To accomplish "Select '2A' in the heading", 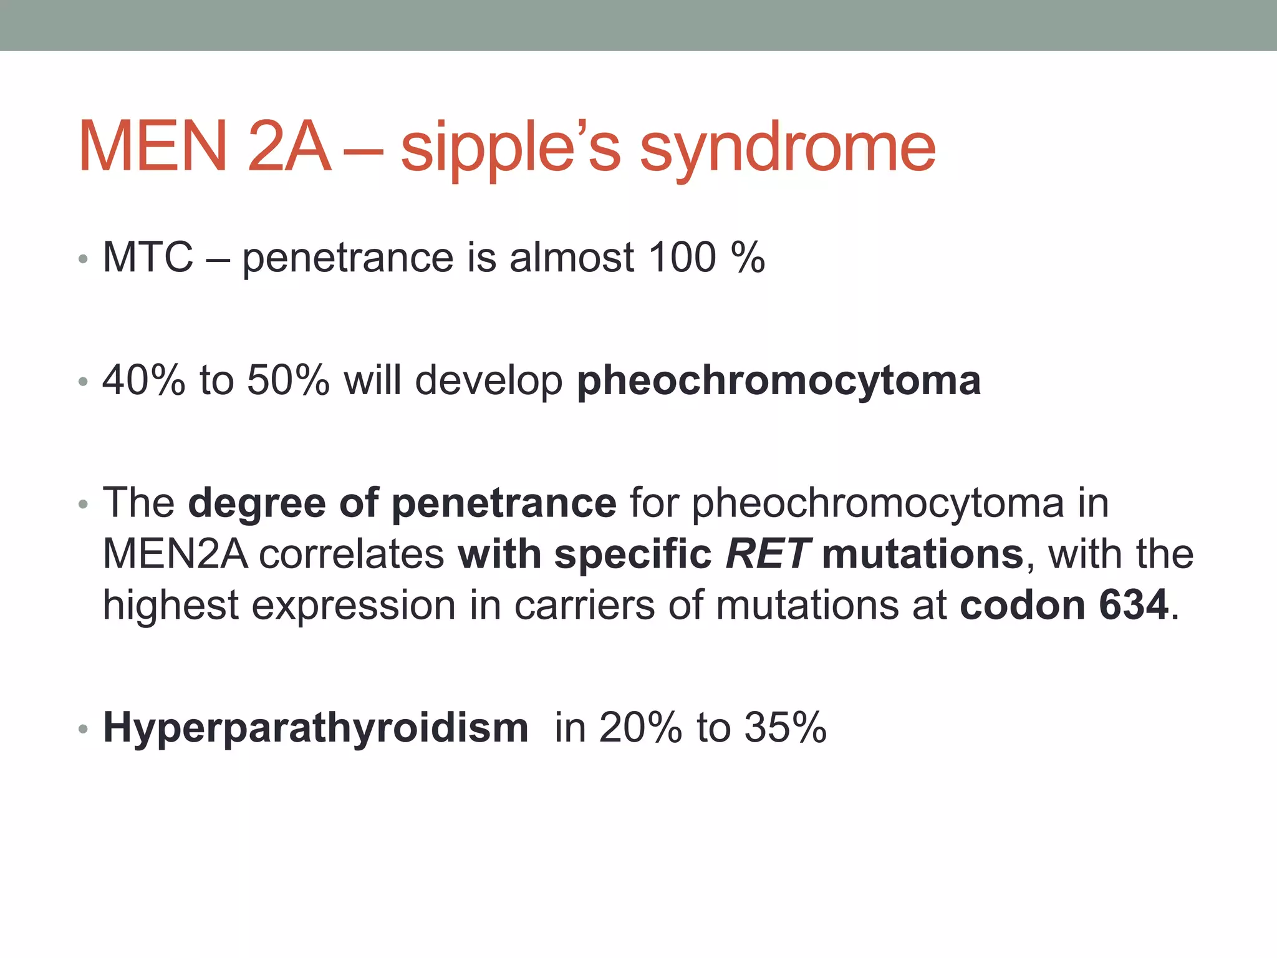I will [288, 148].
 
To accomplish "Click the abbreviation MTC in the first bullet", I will [148, 258].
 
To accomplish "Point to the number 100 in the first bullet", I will [682, 258].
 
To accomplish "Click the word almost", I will [571, 258].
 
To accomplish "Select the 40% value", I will [143, 380].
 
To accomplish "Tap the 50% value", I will [288, 380].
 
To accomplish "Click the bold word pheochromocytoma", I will [779, 380].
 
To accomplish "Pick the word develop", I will [489, 381].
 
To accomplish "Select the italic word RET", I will [768, 554].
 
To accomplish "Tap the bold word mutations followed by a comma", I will [922, 554].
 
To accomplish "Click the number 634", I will [1134, 605].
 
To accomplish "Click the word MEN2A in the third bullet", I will [175, 554].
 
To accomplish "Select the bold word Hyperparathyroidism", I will [316, 728].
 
